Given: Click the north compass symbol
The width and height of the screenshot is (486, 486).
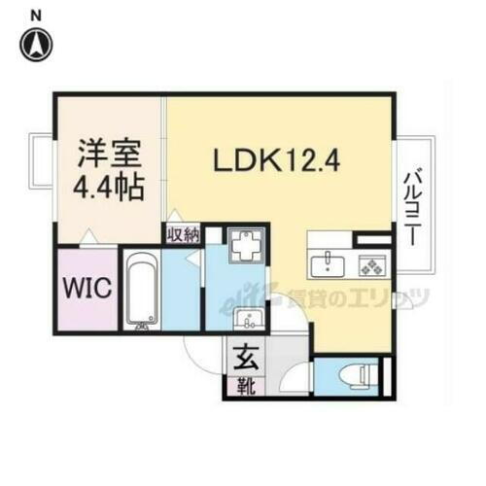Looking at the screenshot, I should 36,43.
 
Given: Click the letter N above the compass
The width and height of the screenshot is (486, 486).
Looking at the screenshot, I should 36,15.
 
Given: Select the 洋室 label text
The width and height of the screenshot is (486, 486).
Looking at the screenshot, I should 108,156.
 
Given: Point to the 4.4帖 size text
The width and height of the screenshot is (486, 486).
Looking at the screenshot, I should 108,186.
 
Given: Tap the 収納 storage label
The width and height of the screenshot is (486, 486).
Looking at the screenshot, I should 182,234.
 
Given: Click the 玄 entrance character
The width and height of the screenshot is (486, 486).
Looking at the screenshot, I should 243,357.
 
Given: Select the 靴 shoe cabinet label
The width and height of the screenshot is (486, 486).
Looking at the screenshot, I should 242,386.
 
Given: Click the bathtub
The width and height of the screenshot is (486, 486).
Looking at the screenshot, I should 140,290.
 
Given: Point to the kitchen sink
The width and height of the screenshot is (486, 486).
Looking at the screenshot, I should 329,262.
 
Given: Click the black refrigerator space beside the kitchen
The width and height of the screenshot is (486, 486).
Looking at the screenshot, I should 371,238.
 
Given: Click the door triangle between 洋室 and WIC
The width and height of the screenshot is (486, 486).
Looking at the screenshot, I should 88,237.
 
